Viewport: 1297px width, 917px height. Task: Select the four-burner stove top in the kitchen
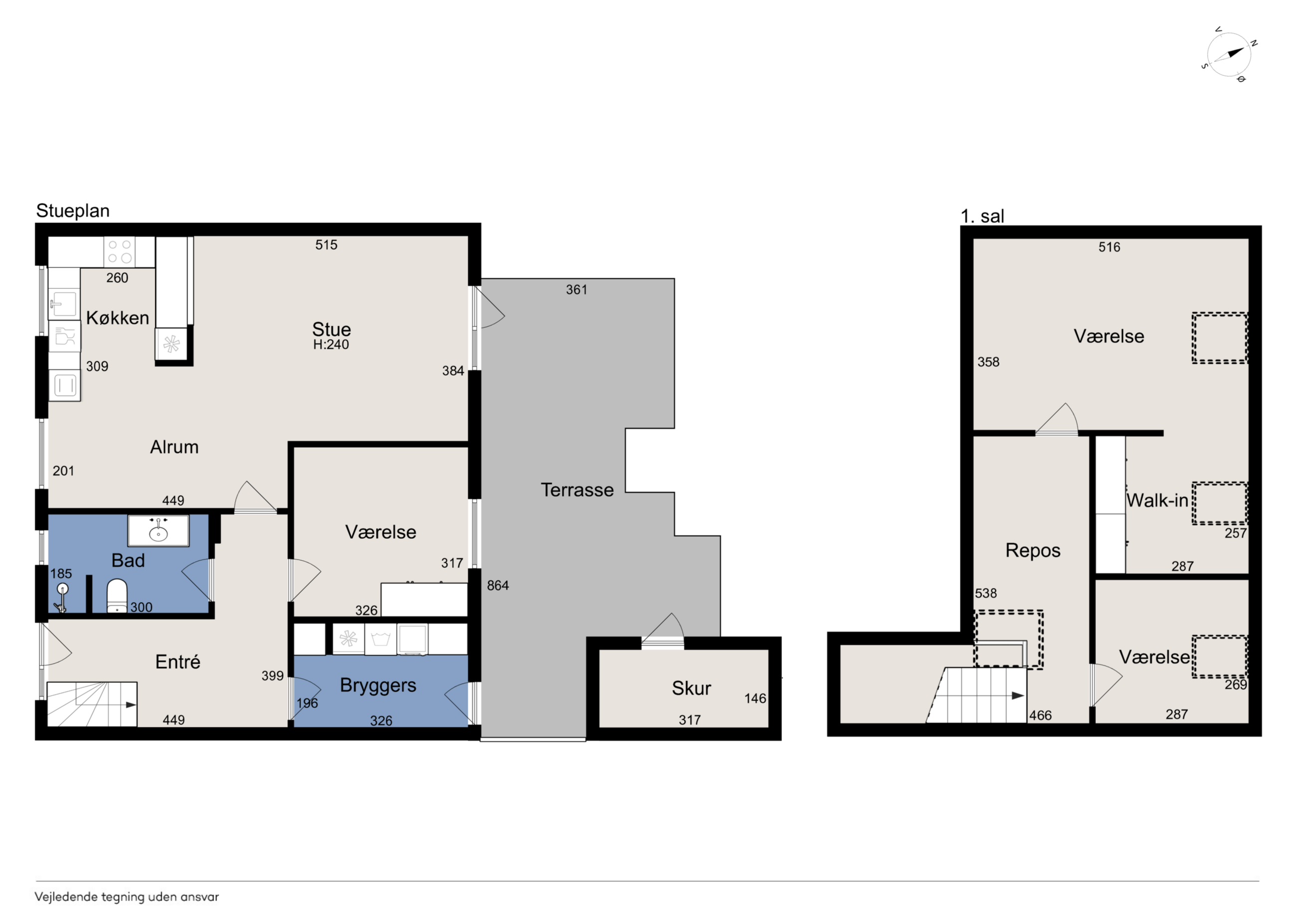120,251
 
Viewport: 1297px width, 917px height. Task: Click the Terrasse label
577,489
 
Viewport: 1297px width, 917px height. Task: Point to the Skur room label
691,688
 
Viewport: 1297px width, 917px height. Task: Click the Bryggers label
378,686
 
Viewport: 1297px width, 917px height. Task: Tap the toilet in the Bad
117,596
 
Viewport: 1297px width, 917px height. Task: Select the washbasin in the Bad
158,530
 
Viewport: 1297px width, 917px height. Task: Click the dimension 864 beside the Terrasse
498,585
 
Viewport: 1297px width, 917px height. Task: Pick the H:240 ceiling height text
331,344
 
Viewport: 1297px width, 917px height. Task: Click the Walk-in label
1157,500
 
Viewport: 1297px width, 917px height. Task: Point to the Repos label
1033,550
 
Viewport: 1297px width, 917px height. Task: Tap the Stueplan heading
73,211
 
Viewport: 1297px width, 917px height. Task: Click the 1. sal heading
982,216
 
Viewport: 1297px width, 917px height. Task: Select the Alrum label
174,447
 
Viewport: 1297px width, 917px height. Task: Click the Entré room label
178,662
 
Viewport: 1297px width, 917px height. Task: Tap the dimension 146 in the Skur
755,698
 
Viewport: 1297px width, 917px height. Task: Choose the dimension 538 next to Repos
986,593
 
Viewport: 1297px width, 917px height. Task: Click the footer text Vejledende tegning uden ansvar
127,897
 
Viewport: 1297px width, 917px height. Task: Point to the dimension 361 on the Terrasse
577,289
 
